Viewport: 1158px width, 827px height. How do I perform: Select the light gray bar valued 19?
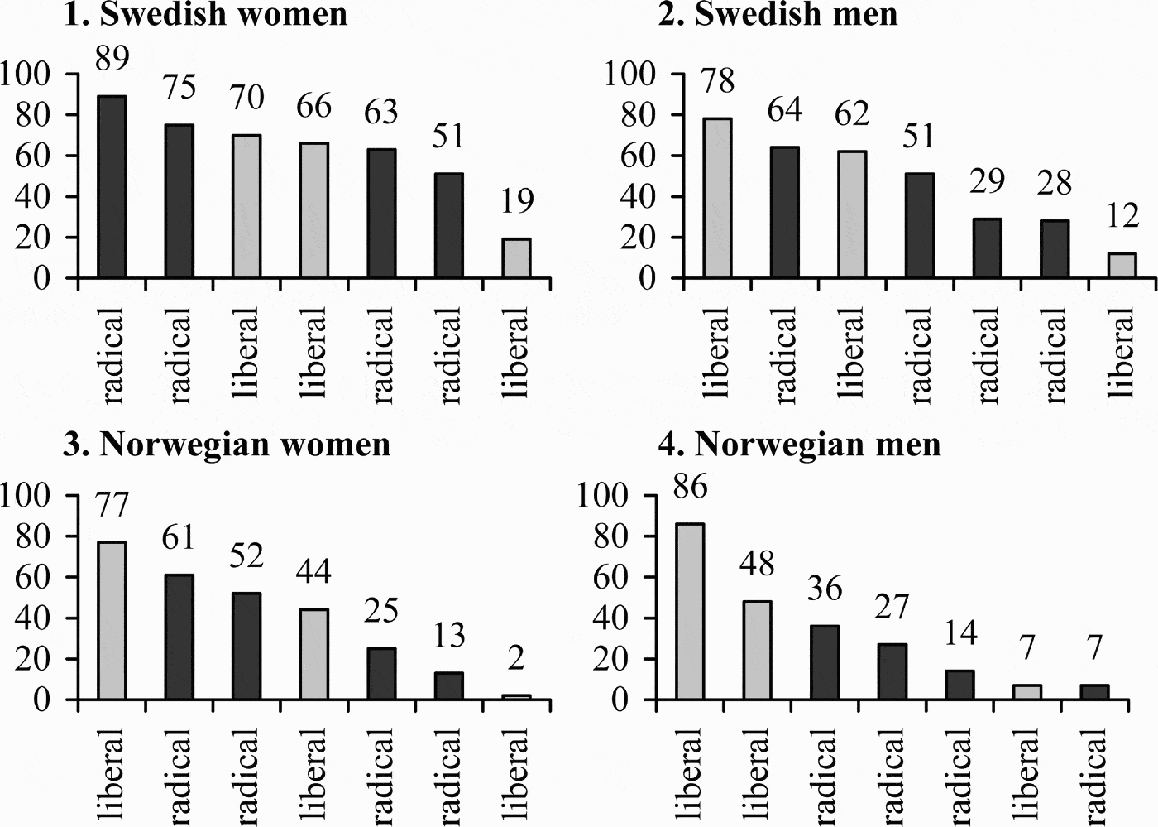point(516,258)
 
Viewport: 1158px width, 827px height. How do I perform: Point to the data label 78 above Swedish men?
point(716,81)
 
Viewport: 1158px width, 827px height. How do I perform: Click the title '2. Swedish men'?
point(778,14)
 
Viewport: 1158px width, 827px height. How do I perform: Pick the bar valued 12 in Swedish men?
point(1122,266)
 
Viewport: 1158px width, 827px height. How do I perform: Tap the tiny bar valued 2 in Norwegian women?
point(516,697)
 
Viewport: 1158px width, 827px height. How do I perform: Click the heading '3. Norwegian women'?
point(227,445)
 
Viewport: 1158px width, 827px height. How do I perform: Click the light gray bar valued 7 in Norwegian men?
point(1027,692)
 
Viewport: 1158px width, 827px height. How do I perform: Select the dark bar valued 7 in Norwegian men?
point(1094,692)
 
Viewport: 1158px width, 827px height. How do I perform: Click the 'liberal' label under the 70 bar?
point(246,353)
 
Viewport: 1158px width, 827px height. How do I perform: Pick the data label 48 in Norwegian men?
point(757,564)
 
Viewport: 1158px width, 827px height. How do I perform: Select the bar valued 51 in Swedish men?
point(920,226)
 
